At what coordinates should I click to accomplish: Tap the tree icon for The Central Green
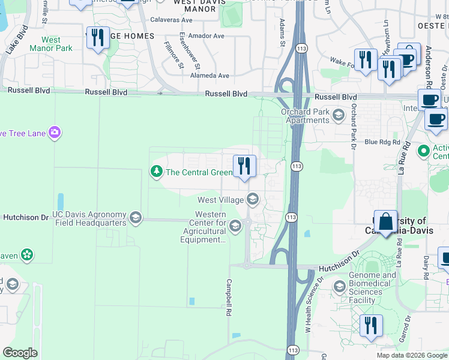coord(157,172)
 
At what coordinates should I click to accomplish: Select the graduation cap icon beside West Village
coord(253,199)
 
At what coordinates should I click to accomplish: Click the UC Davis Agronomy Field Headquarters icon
coord(136,218)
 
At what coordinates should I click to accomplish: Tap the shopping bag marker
coord(385,222)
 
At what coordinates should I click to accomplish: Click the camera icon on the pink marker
coord(55,133)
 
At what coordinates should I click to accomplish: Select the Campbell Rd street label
coord(229,297)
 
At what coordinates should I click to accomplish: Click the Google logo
coord(20,352)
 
